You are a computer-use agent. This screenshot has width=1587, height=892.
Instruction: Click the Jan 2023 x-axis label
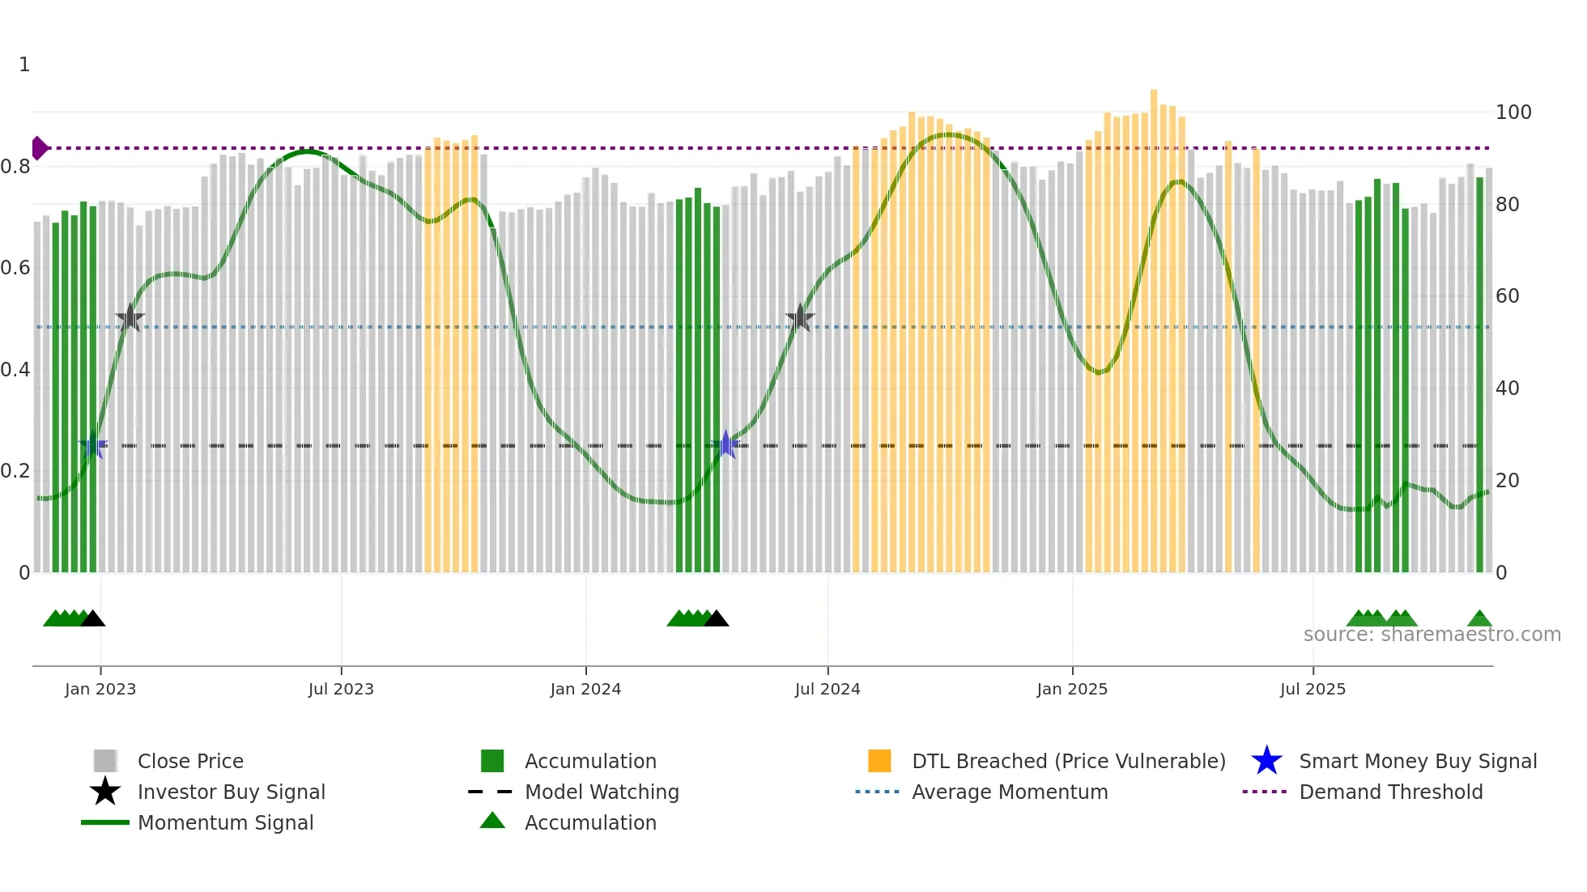coord(100,689)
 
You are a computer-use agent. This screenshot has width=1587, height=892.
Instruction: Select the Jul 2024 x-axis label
coord(828,689)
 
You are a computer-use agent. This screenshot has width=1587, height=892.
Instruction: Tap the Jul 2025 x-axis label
coord(1313,689)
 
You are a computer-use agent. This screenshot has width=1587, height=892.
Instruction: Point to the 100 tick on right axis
coord(1513,113)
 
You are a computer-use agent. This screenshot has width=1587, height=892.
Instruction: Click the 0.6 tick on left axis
coord(15,268)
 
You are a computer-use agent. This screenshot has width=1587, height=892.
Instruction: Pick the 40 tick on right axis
coord(1507,389)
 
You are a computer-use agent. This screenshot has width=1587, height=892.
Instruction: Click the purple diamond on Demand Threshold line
coord(39,148)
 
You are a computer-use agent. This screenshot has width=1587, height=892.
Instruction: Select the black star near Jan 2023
coord(130,319)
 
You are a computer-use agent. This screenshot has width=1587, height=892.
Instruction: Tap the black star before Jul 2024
coord(800,319)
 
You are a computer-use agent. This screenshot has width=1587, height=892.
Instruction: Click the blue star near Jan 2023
coord(93,445)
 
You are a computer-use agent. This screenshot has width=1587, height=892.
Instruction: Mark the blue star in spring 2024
coord(726,445)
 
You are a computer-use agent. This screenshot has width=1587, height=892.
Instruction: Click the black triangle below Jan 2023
coord(93,619)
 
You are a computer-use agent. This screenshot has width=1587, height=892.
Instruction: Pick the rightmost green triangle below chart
coord(1479,619)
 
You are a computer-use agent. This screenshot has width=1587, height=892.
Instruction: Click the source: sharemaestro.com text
coord(1432,635)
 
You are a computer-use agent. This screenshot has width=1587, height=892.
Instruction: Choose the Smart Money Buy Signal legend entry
coord(1417,761)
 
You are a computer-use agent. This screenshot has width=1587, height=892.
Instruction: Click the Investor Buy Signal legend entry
coord(231,792)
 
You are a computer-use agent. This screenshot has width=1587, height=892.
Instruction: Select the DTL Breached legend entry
coord(1068,761)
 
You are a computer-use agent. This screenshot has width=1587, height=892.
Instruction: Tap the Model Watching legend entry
coord(601,792)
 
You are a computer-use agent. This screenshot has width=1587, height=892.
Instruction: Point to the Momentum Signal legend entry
coord(225,822)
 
